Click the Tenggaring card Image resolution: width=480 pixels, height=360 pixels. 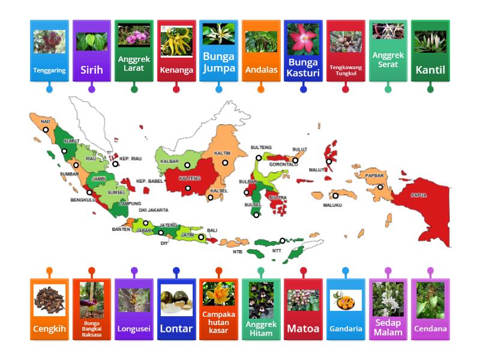[49, 51]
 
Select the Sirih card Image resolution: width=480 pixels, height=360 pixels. [92, 51]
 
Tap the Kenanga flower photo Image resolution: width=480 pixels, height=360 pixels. [176, 41]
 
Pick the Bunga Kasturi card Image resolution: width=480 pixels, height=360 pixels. [303, 51]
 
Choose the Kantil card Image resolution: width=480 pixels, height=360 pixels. [430, 51]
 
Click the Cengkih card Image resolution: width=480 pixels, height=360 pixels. [49, 309]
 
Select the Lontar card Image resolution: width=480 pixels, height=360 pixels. [176, 309]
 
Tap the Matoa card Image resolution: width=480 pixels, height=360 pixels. [303, 309]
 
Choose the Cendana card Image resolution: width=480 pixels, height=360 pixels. [430, 309]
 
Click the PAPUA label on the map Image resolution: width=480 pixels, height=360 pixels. [419, 195]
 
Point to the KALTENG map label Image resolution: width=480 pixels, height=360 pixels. [190, 178]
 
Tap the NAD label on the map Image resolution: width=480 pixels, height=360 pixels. [46, 121]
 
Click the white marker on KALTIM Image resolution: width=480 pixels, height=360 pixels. [226, 163]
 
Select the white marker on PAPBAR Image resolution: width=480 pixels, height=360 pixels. [380, 187]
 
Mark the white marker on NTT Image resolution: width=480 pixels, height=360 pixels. [282, 241]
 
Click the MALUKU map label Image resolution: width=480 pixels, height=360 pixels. [332, 205]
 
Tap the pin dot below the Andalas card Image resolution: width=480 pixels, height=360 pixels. [261, 89]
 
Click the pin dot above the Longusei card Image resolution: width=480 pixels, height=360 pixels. [134, 271]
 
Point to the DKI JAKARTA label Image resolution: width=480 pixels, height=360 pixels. [154, 210]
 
